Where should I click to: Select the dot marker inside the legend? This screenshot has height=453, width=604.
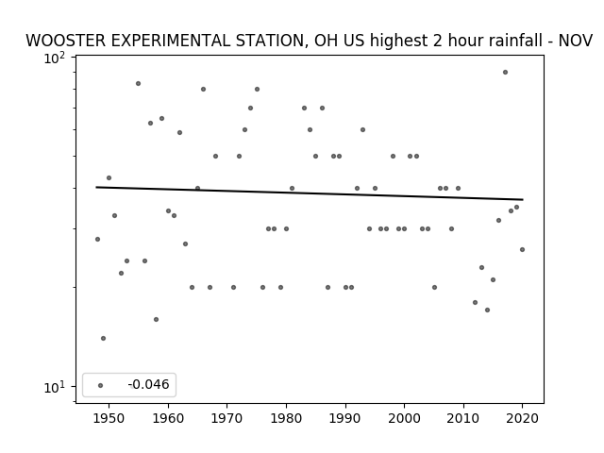(x=100, y=385)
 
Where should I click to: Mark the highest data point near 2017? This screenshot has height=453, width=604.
(x=505, y=72)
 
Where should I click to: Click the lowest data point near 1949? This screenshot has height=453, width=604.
(x=103, y=338)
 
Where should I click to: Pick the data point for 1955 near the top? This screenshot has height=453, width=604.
(x=138, y=83)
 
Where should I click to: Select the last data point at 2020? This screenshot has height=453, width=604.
(x=522, y=249)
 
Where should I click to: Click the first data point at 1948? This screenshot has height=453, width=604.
(x=97, y=239)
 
